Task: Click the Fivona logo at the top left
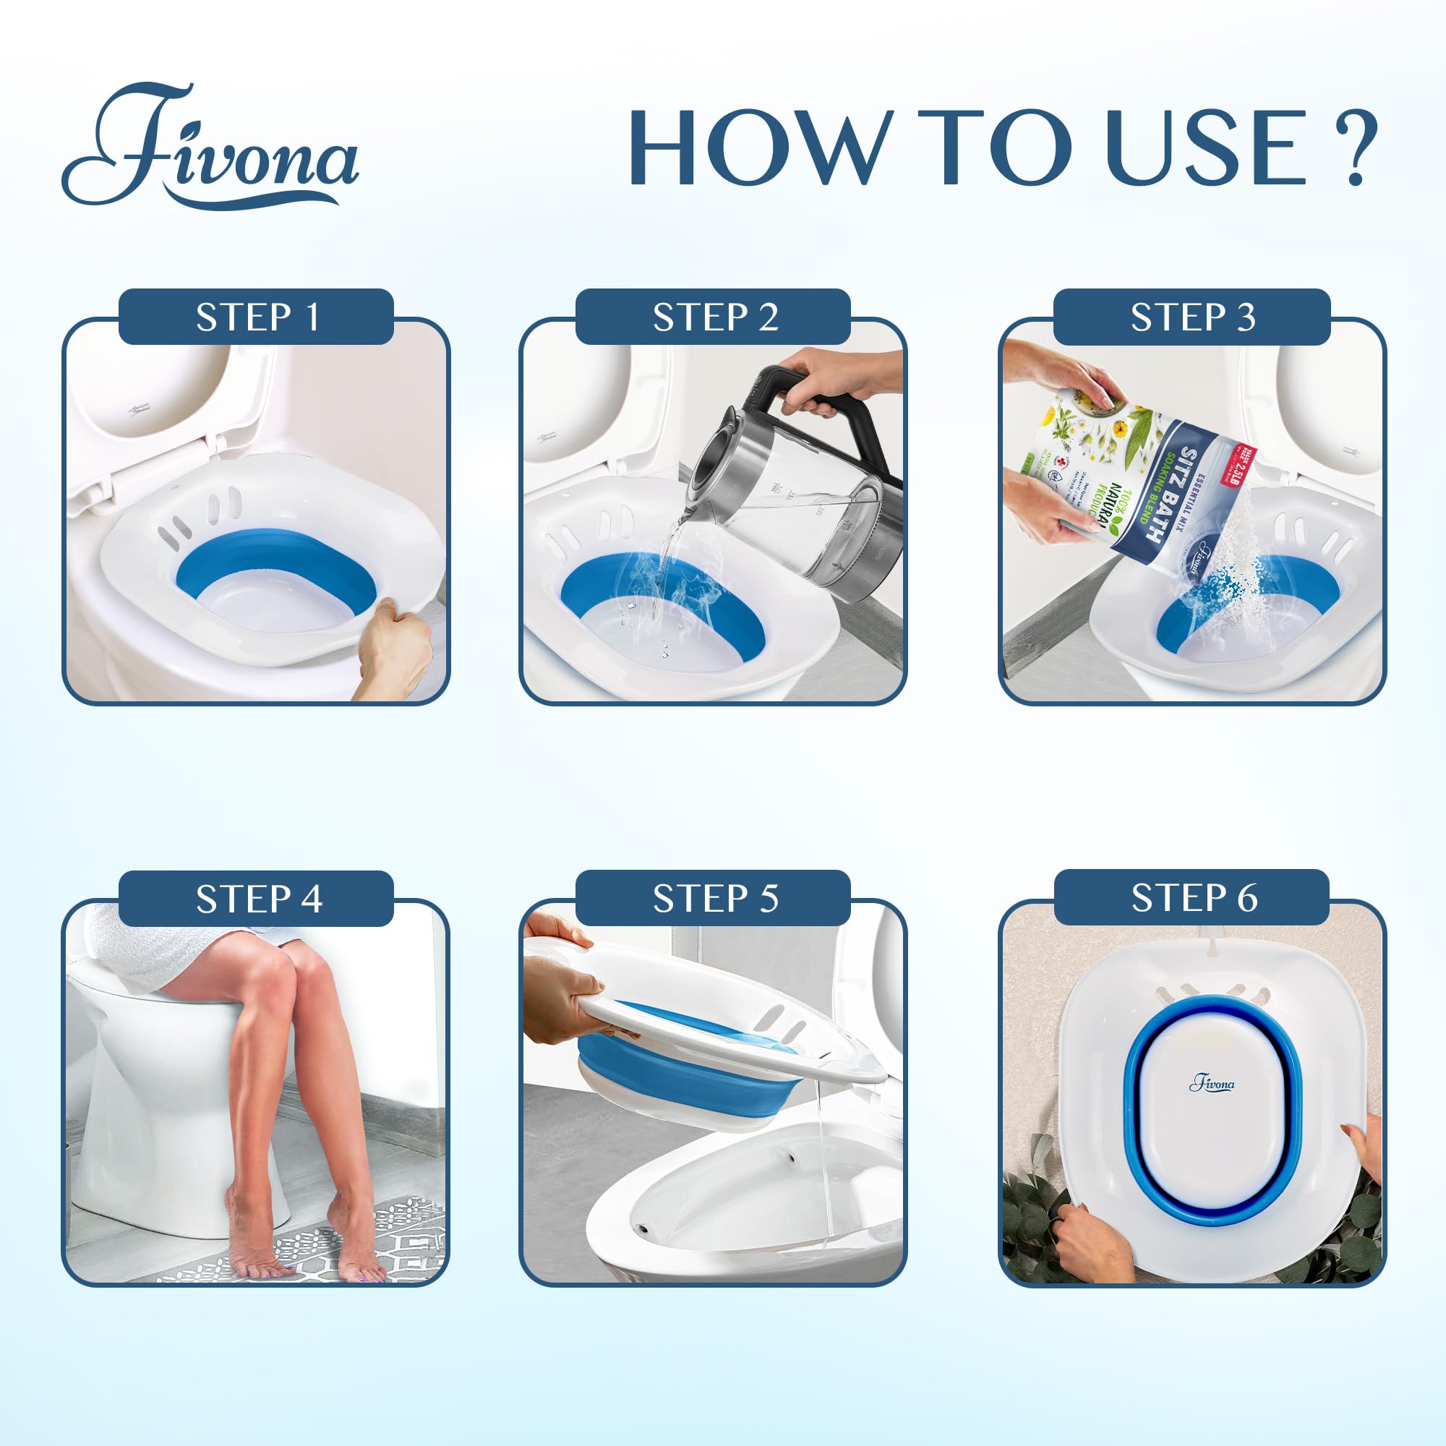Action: [210, 147]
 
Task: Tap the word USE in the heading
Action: [1207, 147]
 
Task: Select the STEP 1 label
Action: [257, 317]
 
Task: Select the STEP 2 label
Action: [715, 317]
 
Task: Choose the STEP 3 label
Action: [1192, 317]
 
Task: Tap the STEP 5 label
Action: [715, 898]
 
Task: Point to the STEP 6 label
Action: [1193, 897]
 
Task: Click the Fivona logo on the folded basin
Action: [1212, 1084]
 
